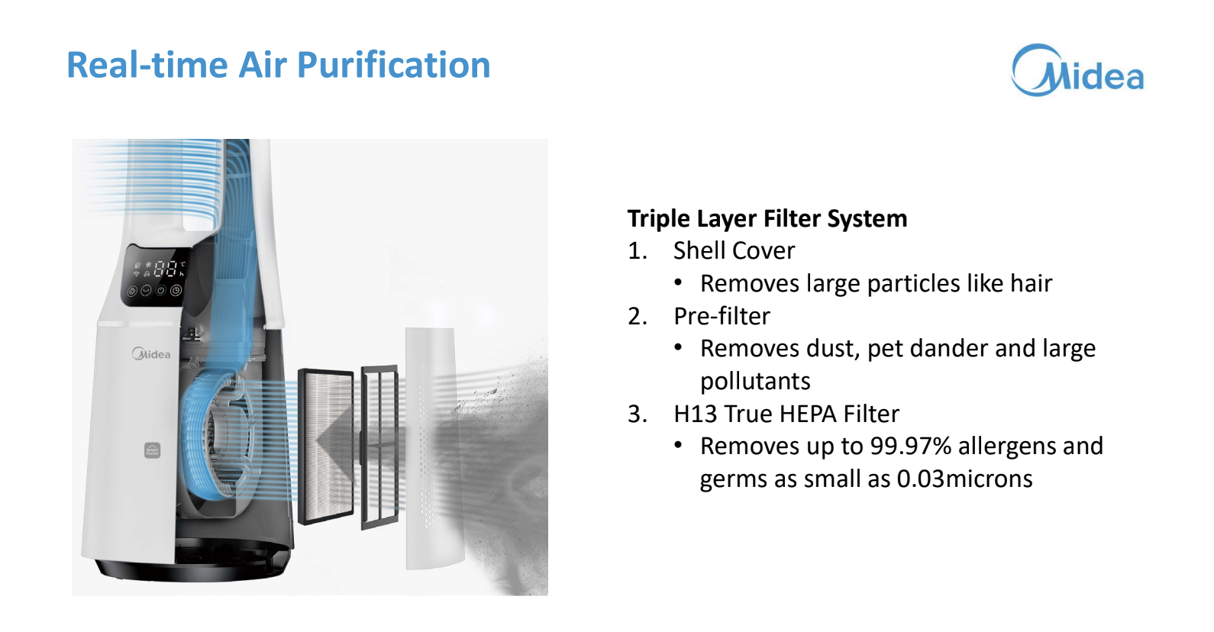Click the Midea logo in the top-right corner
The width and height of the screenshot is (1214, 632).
[x=1077, y=70]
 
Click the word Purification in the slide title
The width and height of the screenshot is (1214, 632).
[x=393, y=66]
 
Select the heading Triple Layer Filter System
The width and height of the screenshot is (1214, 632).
[x=767, y=219]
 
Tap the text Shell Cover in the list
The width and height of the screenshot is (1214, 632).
[x=734, y=251]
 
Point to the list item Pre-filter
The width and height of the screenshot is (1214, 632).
[x=722, y=317]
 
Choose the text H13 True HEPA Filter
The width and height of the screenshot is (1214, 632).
[x=786, y=414]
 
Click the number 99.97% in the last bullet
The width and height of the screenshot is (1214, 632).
[x=910, y=447]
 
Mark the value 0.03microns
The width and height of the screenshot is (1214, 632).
[x=964, y=479]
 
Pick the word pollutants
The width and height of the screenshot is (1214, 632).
[x=755, y=382]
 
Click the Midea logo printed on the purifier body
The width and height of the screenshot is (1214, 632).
[x=151, y=354]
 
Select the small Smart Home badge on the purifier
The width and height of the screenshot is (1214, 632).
[x=152, y=450]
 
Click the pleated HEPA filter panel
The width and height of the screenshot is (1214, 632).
[x=326, y=447]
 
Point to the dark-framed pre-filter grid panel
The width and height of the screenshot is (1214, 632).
[x=380, y=447]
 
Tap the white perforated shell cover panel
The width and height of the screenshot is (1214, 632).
[x=434, y=449]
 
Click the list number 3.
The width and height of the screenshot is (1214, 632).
[x=638, y=414]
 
